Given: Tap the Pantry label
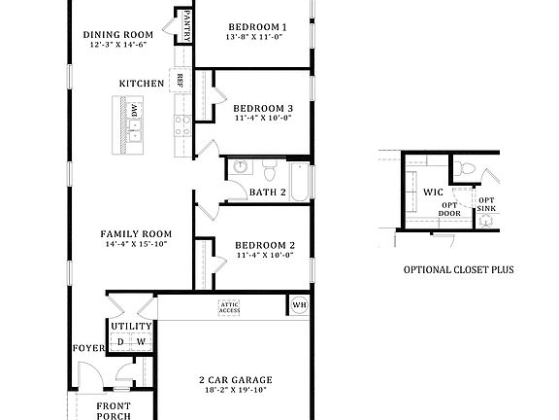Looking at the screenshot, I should [x=184, y=26].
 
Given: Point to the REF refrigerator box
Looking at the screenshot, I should [x=181, y=80].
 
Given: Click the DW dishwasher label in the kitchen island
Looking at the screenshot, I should [x=135, y=112].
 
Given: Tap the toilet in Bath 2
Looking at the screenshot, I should [x=271, y=173].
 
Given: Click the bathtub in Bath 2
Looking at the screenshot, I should [x=299, y=181].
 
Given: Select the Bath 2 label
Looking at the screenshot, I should [x=267, y=192].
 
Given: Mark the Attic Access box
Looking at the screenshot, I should [x=229, y=307].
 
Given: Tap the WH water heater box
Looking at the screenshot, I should [x=299, y=306].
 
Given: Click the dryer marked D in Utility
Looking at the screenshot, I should [x=120, y=342].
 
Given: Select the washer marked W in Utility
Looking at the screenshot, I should [x=140, y=342].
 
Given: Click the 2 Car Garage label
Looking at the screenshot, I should [x=235, y=379].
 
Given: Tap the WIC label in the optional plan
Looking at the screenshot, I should [x=433, y=192].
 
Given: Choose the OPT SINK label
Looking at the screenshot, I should [x=485, y=205].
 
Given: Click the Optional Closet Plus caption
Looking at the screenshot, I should [x=458, y=270].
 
